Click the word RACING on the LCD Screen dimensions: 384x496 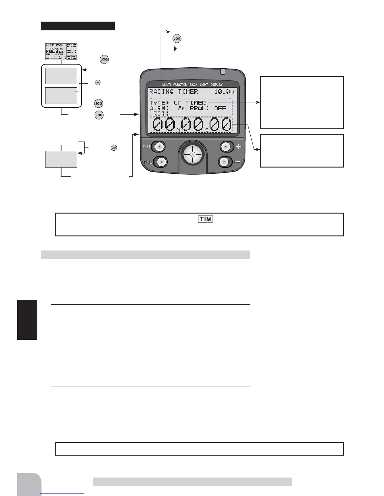coord(161,92)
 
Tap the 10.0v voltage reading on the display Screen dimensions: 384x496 coord(224,92)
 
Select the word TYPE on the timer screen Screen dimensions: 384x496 coord(157,103)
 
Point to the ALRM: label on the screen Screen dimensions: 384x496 coord(159,108)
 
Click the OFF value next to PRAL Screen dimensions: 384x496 coord(220,108)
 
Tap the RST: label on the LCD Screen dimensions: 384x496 coord(161,113)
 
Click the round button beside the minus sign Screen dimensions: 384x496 coord(224,162)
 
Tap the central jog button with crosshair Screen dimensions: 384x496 coord(193,154)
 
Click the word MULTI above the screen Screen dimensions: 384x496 coord(167,85)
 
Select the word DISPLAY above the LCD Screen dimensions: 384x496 coord(216,85)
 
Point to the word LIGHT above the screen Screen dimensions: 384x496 coord(204,85)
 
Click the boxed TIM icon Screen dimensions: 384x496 coord(205,219)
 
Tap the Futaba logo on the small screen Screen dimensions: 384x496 coord(55,52)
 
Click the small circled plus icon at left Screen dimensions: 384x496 coord(98,82)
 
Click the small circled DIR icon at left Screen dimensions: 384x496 coord(114,147)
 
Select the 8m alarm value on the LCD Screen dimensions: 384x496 coord(182,108)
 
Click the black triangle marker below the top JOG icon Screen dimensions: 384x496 coord(175,49)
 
